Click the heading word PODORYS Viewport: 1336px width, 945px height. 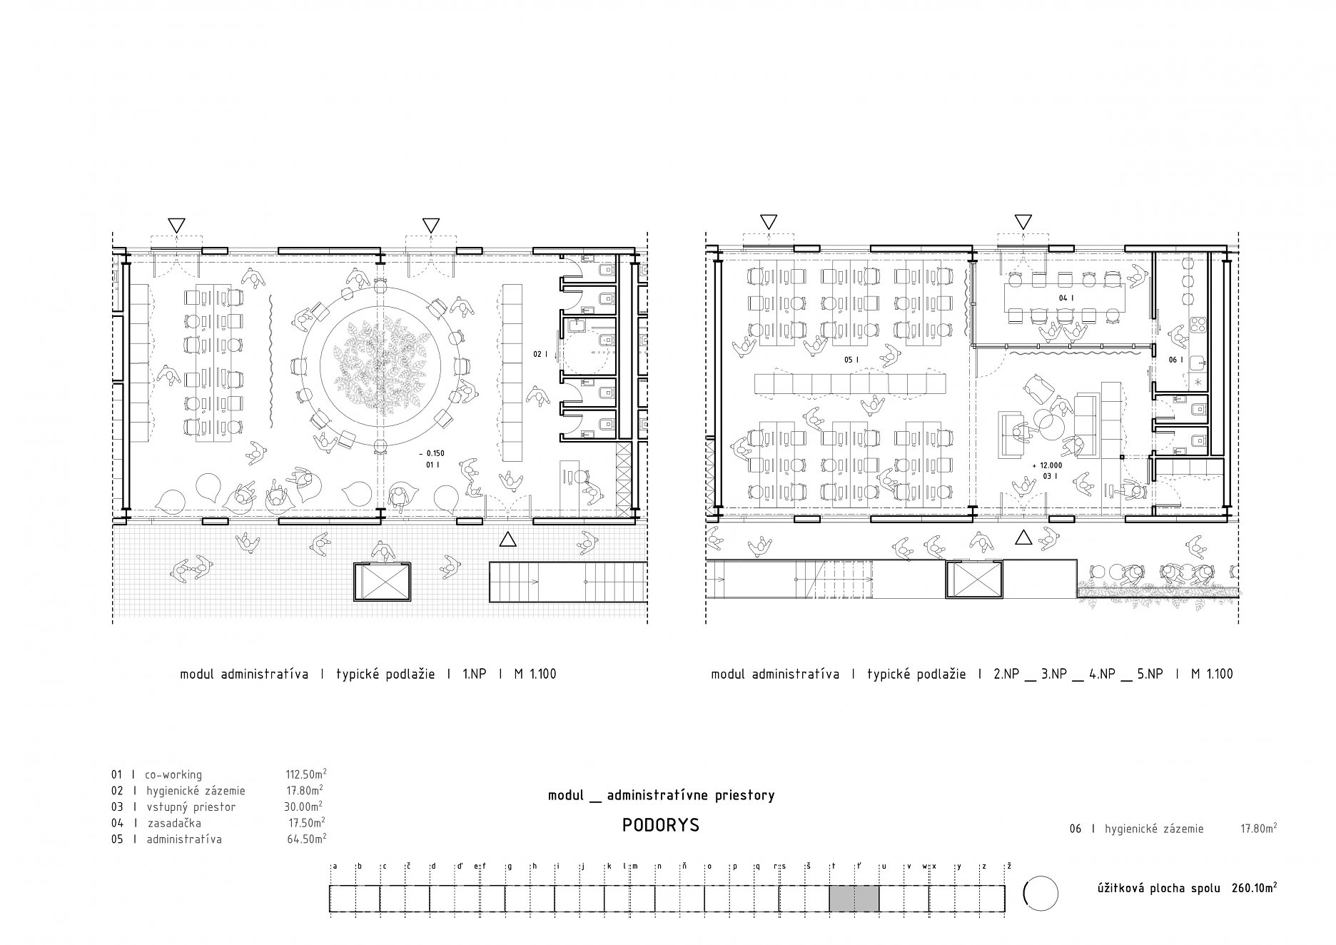pyautogui.click(x=661, y=825)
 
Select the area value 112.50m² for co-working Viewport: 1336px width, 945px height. pyautogui.click(x=306, y=774)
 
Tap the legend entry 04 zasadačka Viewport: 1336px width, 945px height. pyautogui.click(x=156, y=823)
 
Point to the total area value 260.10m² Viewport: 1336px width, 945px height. pyautogui.click(x=1254, y=888)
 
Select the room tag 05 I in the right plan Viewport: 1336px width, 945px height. pyautogui.click(x=851, y=360)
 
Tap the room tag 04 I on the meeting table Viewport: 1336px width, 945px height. pyautogui.click(x=1064, y=297)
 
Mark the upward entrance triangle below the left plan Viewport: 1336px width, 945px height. pyautogui.click(x=507, y=539)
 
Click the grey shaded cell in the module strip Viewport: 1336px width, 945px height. pyautogui.click(x=854, y=898)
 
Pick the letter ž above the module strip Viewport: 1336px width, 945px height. pyautogui.click(x=1008, y=866)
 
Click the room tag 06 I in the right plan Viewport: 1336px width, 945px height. pyautogui.click(x=1175, y=360)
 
